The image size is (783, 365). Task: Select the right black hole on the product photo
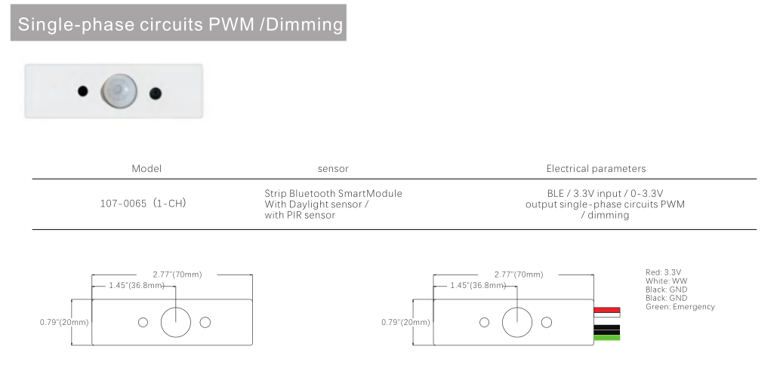pyautogui.click(x=155, y=93)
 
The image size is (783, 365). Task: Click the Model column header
pyautogui.click(x=146, y=169)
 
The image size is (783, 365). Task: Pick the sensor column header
pyautogui.click(x=333, y=169)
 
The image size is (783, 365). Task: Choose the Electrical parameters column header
pyautogui.click(x=596, y=169)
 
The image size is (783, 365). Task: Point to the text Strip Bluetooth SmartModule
pyautogui.click(x=333, y=194)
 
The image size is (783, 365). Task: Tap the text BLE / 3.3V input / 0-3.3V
pyautogui.click(x=605, y=194)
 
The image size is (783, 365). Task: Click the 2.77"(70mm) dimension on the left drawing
pyautogui.click(x=177, y=275)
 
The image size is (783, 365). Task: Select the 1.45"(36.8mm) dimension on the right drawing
pyautogui.click(x=481, y=285)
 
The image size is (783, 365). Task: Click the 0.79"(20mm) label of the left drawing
pyautogui.click(x=64, y=322)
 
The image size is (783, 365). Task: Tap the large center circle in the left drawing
pyautogui.click(x=174, y=322)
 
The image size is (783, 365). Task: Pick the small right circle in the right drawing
pyautogui.click(x=547, y=322)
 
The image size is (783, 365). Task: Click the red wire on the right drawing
pyautogui.click(x=607, y=310)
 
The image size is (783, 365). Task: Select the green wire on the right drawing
pyautogui.click(x=607, y=337)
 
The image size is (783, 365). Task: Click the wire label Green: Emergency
pyautogui.click(x=680, y=307)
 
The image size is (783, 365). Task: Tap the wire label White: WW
pyautogui.click(x=664, y=281)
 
